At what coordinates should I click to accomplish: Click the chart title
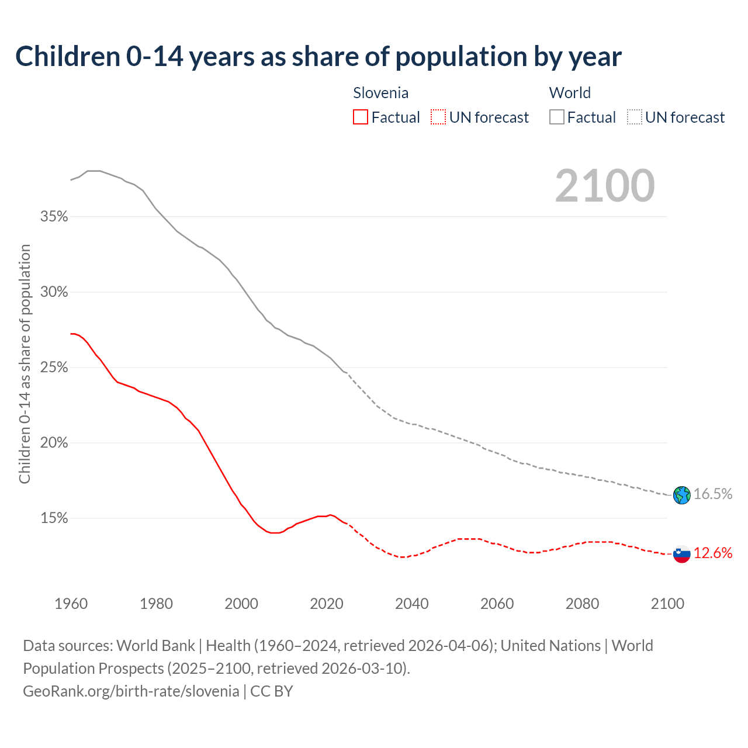318,57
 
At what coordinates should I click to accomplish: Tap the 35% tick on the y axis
54,217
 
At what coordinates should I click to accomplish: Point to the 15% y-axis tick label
54,518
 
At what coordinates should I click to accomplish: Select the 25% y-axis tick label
54,368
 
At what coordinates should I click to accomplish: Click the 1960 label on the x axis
71,604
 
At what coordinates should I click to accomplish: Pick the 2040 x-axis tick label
412,604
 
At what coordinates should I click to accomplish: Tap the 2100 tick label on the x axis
667,604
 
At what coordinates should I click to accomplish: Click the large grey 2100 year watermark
605,186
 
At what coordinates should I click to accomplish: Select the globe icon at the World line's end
682,495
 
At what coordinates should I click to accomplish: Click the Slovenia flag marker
682,553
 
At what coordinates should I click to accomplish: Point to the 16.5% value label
713,494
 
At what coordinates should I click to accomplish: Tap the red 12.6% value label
713,553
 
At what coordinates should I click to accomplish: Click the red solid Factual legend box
361,117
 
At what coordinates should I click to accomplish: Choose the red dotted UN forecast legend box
438,117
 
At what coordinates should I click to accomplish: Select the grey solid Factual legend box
557,117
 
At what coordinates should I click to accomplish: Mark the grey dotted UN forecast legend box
635,117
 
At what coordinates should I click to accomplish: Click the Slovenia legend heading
381,93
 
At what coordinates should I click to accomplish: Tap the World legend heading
570,93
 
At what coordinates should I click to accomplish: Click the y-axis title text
25,364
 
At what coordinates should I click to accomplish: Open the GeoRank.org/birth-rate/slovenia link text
131,691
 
